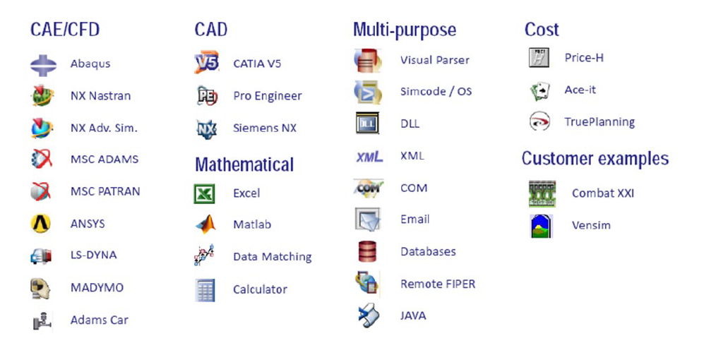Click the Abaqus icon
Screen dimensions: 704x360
point(44,65)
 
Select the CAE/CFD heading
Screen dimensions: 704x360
point(65,30)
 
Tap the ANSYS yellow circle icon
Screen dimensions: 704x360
point(40,224)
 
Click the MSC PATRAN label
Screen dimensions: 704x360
point(105,191)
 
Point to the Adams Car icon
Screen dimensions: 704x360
point(42,320)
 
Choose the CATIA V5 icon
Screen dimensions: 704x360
point(206,62)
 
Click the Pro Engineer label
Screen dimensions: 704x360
point(268,96)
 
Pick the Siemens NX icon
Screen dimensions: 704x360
point(206,129)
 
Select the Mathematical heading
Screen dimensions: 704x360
point(244,164)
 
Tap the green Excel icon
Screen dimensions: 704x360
point(204,194)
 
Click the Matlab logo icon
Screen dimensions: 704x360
point(205,224)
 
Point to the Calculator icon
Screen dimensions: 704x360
point(205,290)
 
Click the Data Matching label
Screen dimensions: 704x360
point(273,257)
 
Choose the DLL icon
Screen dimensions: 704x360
point(367,123)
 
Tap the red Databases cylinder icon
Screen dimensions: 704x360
point(367,251)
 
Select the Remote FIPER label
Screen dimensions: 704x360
point(438,284)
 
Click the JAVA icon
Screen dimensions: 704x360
point(369,315)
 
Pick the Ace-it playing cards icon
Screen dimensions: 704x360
point(539,90)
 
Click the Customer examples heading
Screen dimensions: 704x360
point(595,158)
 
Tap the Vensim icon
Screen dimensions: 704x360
point(541,226)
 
